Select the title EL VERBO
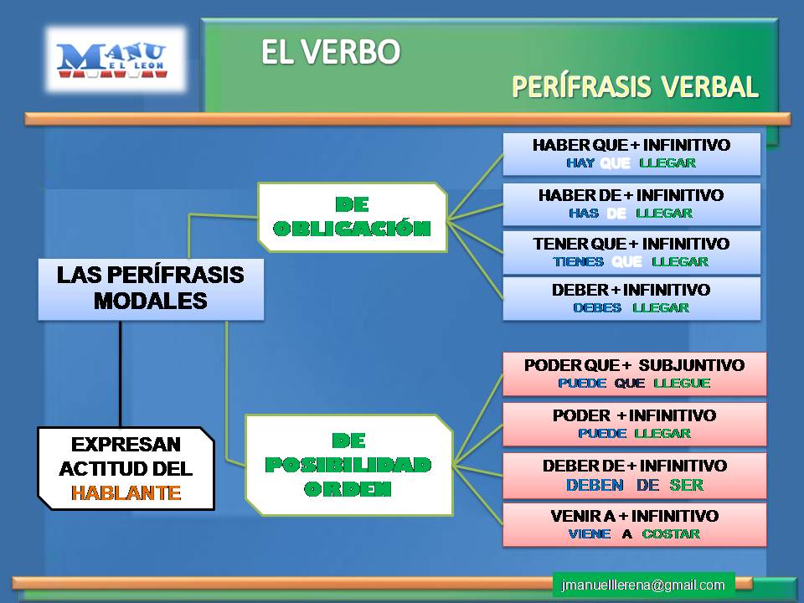pos(330,52)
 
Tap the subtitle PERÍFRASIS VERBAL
pos(635,86)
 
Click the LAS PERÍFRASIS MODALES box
pos(151,288)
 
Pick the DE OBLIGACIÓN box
pos(352,217)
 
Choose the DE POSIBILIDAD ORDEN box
pos(348,464)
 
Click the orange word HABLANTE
pos(126,492)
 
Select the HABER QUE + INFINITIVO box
pos(631,153)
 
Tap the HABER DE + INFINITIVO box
pos(631,204)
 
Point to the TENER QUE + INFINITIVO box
pos(631,252)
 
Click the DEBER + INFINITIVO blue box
pos(631,298)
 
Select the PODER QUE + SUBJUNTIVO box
pos(634,374)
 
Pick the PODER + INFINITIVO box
pos(634,424)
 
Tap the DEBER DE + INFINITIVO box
pos(634,475)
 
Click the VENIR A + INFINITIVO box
pos(634,524)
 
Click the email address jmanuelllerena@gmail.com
pos(643,585)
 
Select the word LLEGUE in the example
pos(681,383)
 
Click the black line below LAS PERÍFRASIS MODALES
pos(121,373)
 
